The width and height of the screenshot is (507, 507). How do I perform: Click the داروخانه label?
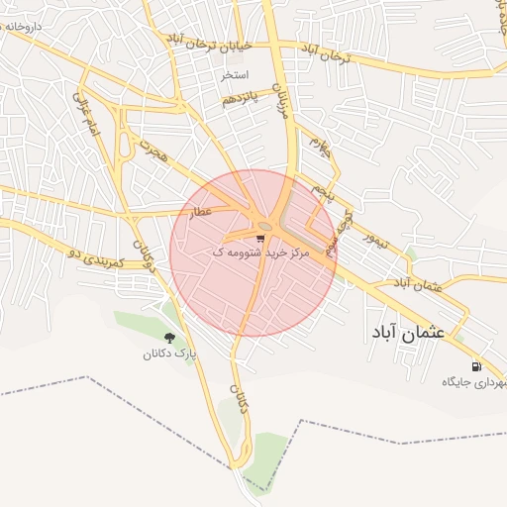coord(22,27)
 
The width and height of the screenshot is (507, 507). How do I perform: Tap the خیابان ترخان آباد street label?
coord(210,44)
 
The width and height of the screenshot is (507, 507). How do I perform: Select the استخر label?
coord(235,75)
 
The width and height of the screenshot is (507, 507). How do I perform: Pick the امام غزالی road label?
coord(88,115)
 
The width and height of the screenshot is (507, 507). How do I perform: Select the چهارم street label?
coord(317,150)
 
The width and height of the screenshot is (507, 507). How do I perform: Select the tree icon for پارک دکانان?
coord(169,338)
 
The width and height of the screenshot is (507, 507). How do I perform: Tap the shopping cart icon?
coord(261,239)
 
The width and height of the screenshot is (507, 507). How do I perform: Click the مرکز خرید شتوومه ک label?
coord(261,253)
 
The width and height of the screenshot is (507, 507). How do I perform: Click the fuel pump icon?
coord(476,365)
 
